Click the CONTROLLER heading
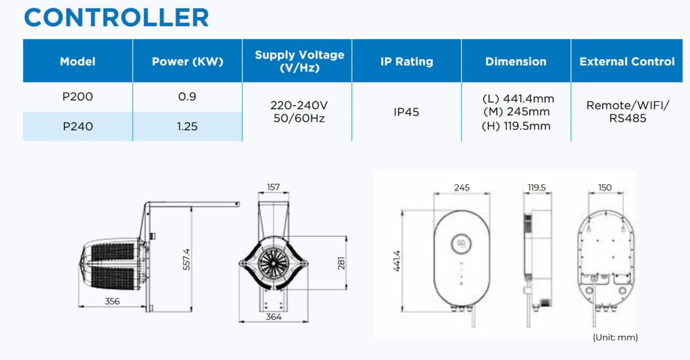click(116, 18)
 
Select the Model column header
click(78, 62)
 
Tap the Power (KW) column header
click(187, 62)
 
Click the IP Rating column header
click(407, 62)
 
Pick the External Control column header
click(627, 62)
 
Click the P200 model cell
click(78, 97)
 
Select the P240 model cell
click(78, 127)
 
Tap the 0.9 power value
click(187, 97)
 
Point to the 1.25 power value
click(187, 127)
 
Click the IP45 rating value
click(407, 112)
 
